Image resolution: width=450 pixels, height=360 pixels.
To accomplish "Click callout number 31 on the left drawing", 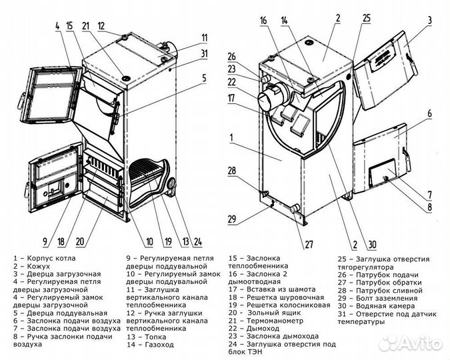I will pyautogui.click(x=205, y=53).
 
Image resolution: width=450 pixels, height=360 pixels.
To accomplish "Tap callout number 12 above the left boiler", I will pyautogui.click(x=101, y=26).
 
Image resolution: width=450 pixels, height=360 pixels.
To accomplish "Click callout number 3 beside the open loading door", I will pyautogui.click(x=430, y=21).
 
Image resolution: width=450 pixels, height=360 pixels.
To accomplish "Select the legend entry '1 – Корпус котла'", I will pyautogui.click(x=44, y=257).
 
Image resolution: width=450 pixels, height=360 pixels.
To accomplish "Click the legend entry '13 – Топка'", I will pyautogui.click(x=145, y=337).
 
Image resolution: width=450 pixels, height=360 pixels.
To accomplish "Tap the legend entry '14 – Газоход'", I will pyautogui.click(x=150, y=346).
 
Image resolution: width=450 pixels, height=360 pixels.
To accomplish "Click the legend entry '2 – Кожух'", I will pyautogui.click(x=33, y=265).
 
